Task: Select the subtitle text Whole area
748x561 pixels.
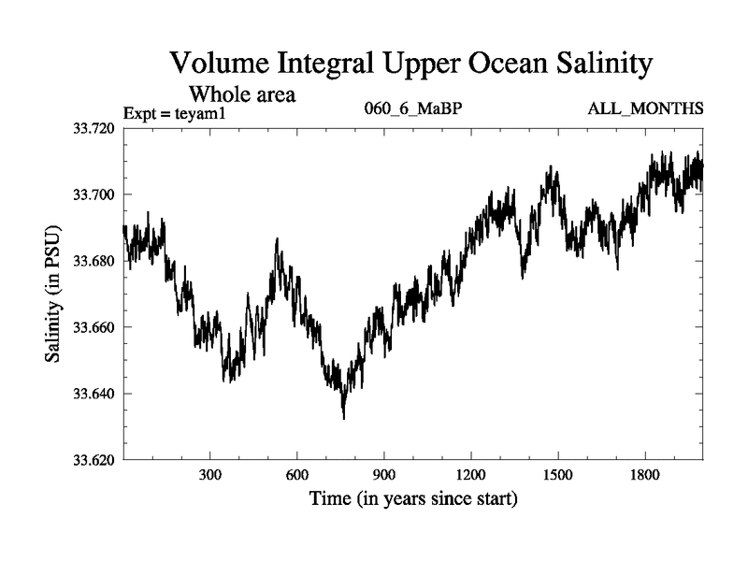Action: [242, 93]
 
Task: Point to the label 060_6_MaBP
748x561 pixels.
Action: [412, 109]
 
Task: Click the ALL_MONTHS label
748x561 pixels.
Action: [645, 109]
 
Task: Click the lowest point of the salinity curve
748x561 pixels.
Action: [344, 418]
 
